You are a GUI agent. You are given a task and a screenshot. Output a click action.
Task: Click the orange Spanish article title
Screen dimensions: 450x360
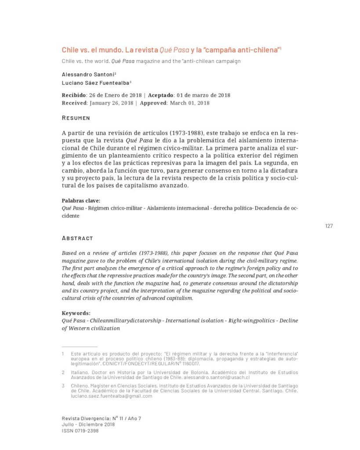[x=171, y=50]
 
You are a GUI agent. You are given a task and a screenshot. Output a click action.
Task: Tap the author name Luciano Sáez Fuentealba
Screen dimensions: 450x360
[x=95, y=82]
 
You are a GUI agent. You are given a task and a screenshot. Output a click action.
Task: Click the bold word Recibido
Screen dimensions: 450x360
[x=73, y=95]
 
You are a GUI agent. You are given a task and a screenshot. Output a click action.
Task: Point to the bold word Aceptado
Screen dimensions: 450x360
[x=161, y=95]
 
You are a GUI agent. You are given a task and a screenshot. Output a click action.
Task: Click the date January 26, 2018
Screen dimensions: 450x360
[x=112, y=103]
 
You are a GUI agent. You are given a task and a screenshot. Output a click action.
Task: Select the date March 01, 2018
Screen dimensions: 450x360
[x=190, y=103]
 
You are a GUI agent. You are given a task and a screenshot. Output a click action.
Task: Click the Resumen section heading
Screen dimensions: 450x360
[x=76, y=118]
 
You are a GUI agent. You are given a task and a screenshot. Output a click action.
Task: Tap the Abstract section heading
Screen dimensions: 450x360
[x=77, y=238]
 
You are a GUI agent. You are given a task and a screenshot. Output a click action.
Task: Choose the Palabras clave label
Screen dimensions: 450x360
[x=81, y=200]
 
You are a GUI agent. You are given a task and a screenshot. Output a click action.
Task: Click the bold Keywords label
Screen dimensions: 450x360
[x=76, y=313]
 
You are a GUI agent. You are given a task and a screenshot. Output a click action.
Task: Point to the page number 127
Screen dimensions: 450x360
[x=329, y=226]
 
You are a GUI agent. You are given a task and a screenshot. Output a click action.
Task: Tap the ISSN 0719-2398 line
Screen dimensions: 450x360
[x=80, y=431]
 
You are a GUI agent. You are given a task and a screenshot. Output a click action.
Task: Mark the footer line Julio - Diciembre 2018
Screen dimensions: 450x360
[x=88, y=425]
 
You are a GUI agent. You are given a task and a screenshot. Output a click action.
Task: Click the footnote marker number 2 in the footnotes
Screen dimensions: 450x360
[x=63, y=372]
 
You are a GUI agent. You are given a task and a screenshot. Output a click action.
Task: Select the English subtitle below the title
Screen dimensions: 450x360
[x=151, y=61]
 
